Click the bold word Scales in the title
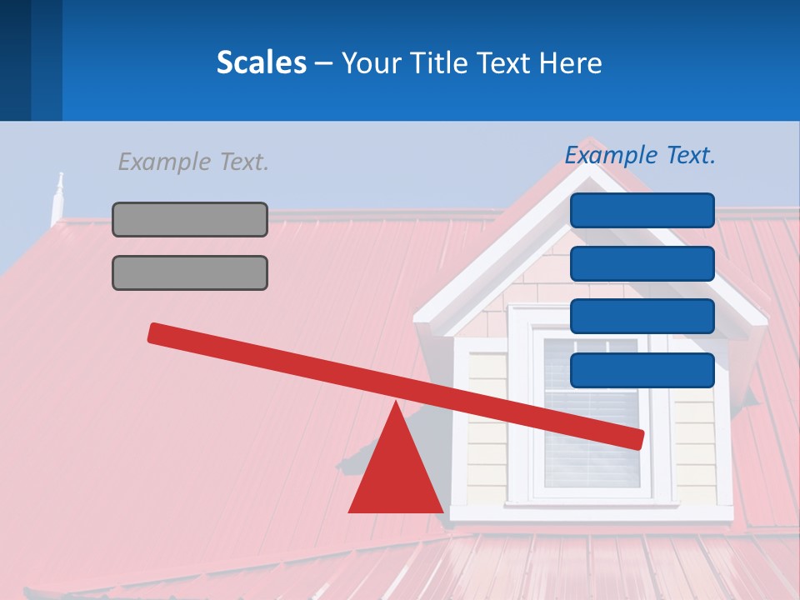pyautogui.click(x=261, y=62)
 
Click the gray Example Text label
pyautogui.click(x=193, y=162)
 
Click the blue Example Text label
pyautogui.click(x=640, y=155)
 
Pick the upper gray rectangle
pyautogui.click(x=190, y=219)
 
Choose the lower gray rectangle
pyautogui.click(x=190, y=272)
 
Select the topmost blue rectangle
pyautogui.click(x=642, y=210)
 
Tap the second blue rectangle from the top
pyautogui.click(x=642, y=263)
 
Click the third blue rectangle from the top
pyautogui.click(x=642, y=317)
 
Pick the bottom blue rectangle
pyautogui.click(x=642, y=370)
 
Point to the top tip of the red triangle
pyautogui.click(x=396, y=404)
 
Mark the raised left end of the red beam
pyautogui.click(x=155, y=332)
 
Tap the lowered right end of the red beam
pyautogui.click(x=637, y=439)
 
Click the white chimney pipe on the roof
pyautogui.click(x=57, y=200)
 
